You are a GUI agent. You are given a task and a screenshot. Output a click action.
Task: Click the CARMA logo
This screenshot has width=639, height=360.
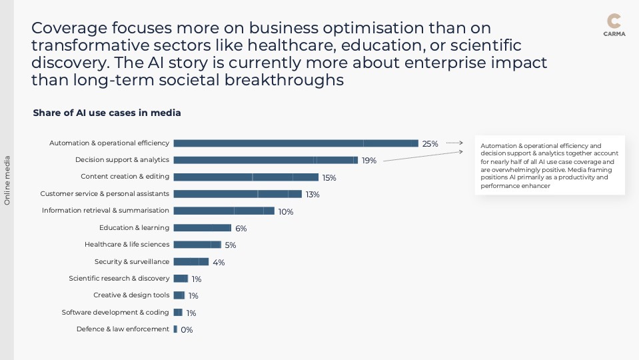(x=614, y=25)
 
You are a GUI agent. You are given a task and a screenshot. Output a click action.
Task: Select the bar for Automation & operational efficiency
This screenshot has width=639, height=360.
(x=295, y=143)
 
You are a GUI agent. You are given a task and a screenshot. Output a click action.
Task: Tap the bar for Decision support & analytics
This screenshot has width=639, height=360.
(x=265, y=160)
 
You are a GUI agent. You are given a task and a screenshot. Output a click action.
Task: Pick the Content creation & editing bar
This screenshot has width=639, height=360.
(x=245, y=177)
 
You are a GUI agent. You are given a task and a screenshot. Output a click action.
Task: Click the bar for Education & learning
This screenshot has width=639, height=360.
(x=202, y=228)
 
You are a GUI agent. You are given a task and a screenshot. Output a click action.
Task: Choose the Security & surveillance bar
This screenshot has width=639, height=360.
(x=191, y=261)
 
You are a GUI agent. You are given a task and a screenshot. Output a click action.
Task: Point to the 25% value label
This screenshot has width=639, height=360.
(x=430, y=144)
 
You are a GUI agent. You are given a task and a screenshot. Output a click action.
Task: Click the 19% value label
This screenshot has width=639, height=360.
(x=369, y=161)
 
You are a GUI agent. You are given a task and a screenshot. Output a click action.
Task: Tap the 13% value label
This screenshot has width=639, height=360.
(x=313, y=195)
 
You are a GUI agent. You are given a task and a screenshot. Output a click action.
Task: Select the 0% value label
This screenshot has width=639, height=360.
(x=187, y=329)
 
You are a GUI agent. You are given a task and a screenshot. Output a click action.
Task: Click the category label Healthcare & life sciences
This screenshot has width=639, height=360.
(x=127, y=245)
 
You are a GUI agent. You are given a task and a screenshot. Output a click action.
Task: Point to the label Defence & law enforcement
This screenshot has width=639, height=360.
(x=123, y=329)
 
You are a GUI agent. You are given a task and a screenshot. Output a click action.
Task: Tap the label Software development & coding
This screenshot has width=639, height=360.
(x=115, y=312)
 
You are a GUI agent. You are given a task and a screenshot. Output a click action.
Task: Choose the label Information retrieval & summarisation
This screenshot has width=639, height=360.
(x=105, y=211)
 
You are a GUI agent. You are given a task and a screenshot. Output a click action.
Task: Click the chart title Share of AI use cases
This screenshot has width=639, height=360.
(x=107, y=113)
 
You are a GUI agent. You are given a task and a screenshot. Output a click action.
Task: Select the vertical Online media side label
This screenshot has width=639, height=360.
(x=7, y=180)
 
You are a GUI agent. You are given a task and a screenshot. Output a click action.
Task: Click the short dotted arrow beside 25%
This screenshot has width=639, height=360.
(x=454, y=143)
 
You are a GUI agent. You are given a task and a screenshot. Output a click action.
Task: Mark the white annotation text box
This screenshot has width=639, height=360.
(x=550, y=165)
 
